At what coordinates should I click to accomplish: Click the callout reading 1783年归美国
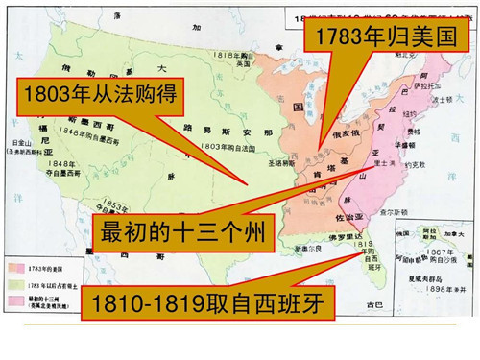[x=388, y=41]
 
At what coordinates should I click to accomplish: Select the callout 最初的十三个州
[x=182, y=231]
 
